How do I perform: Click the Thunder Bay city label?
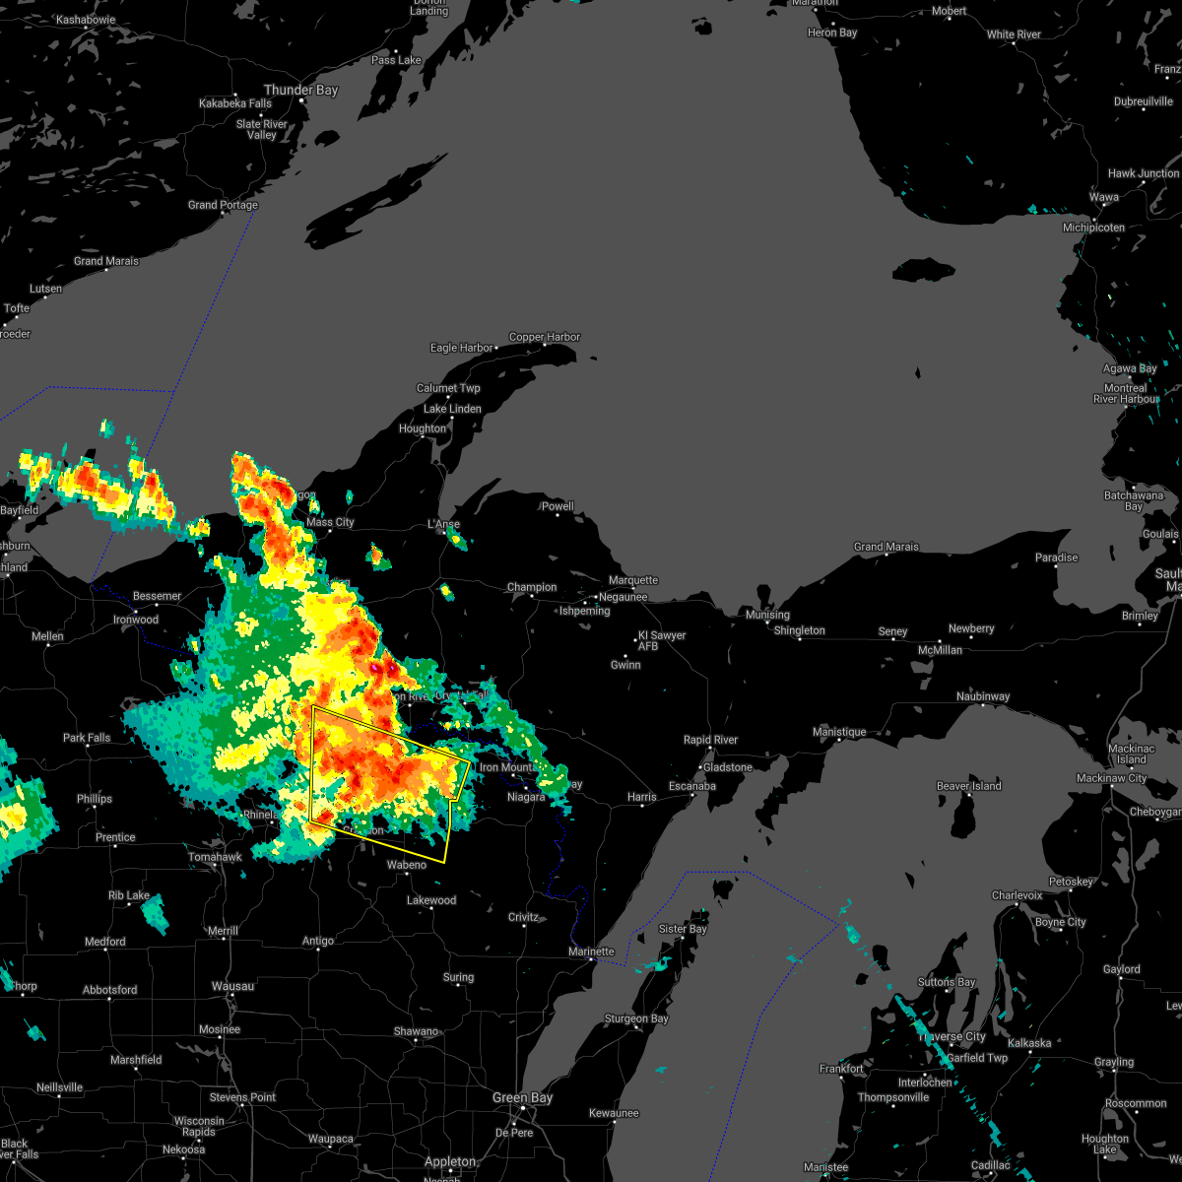click(x=300, y=90)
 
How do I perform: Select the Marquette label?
click(x=633, y=581)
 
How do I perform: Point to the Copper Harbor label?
click(x=545, y=337)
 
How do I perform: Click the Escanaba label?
click(x=691, y=786)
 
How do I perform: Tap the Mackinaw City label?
click(x=1111, y=778)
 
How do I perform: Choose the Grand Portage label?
click(x=223, y=205)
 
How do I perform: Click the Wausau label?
click(x=232, y=986)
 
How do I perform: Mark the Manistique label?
click(x=839, y=732)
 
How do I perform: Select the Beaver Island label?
click(x=968, y=786)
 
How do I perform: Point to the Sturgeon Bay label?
click(x=635, y=1018)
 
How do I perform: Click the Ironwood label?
click(x=136, y=620)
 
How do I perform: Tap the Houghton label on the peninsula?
click(x=423, y=428)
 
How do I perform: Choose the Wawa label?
click(x=1103, y=197)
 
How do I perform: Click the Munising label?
click(x=767, y=615)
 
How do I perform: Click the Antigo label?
click(x=317, y=941)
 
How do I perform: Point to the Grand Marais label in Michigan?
click(x=886, y=547)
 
